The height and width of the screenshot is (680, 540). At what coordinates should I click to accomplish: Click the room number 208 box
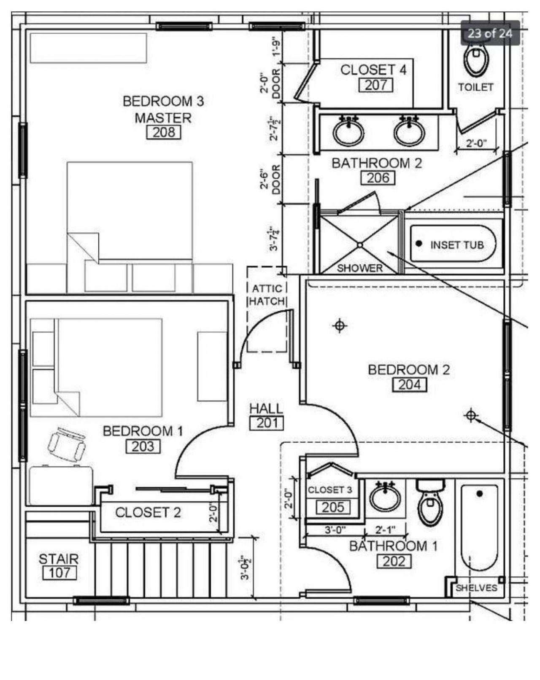point(164,132)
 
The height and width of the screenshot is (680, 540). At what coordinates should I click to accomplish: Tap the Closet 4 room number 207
point(376,85)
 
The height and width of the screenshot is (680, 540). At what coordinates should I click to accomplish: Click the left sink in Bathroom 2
point(348,131)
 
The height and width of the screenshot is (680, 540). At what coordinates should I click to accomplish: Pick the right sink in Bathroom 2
point(409,131)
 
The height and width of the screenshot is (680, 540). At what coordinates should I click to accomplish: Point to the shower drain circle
point(360,245)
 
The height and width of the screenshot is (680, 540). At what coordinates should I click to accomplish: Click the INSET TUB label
point(457,245)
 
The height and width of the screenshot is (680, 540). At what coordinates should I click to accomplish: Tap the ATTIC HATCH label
point(267,295)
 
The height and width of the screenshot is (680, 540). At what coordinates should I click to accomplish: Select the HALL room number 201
point(267,423)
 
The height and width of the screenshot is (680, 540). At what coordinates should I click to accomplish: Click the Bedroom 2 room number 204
point(410,384)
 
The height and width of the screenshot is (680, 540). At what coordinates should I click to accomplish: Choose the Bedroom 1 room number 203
point(143,446)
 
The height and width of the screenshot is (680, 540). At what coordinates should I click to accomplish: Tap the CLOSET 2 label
point(148,513)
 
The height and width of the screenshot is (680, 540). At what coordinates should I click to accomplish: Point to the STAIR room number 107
point(60,572)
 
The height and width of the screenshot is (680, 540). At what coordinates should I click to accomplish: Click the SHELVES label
point(476,588)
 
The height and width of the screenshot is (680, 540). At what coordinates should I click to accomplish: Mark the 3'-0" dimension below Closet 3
point(335,530)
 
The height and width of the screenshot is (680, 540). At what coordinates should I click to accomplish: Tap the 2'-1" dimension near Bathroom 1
point(385,530)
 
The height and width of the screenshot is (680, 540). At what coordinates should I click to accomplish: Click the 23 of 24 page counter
point(490,33)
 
